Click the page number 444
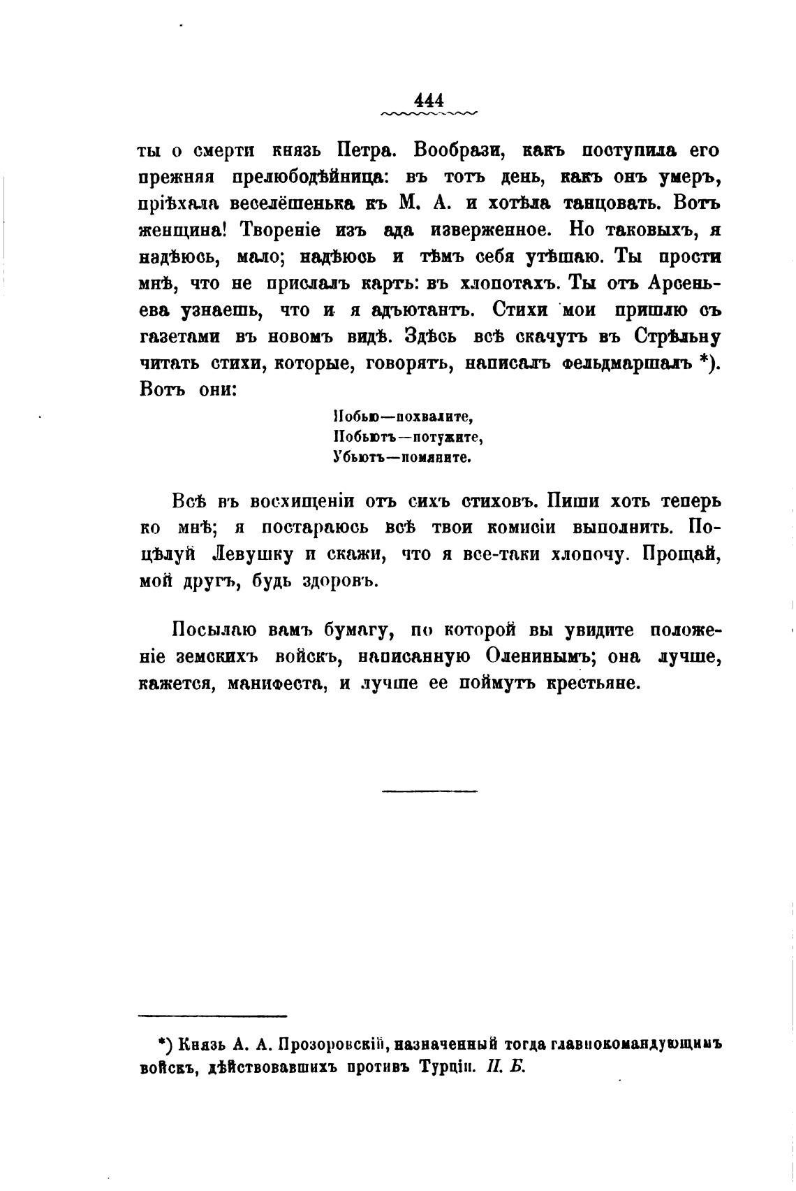pos(429,100)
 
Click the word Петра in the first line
pos(366,151)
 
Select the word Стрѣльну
pos(678,336)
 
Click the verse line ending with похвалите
pos(404,418)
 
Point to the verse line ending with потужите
pos(408,438)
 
